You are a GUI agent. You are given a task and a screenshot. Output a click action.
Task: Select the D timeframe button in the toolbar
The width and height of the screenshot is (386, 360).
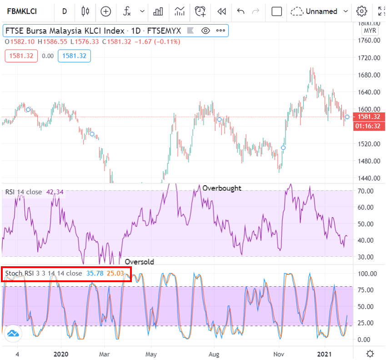point(65,11)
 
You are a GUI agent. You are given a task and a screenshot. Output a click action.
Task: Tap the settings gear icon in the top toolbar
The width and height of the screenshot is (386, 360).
point(362,11)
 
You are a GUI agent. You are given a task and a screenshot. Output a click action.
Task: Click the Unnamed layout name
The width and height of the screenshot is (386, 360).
point(321,11)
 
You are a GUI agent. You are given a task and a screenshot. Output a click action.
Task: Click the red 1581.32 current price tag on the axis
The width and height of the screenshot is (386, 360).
point(368,117)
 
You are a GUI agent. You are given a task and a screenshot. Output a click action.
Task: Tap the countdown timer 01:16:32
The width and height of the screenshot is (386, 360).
point(368,126)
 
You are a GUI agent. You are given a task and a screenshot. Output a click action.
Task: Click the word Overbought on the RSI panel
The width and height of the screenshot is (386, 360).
point(222,188)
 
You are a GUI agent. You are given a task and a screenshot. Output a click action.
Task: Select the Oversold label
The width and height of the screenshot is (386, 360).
point(139,262)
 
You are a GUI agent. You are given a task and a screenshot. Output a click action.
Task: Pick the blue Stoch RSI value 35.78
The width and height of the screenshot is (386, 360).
point(95,273)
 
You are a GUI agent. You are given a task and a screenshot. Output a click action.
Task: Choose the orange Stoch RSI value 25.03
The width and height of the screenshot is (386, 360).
point(115,273)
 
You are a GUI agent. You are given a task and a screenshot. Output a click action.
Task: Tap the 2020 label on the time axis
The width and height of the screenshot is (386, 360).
point(60,354)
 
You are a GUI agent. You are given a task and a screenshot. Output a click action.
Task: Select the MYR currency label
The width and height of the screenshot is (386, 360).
point(369,30)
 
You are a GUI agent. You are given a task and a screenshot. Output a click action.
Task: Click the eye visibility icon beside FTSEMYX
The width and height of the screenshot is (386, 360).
point(206,31)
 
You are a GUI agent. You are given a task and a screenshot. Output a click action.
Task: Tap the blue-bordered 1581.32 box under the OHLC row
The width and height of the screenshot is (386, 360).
point(74,56)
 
